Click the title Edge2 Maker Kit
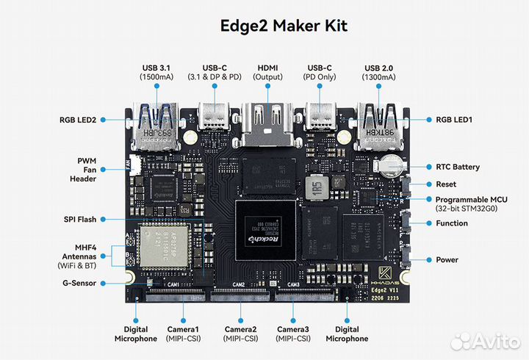pyautogui.click(x=284, y=26)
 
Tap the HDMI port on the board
pyautogui.click(x=267, y=121)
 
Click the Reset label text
pyautogui.click(x=445, y=184)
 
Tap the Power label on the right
pyautogui.click(x=446, y=259)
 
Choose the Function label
pyautogui.click(x=450, y=223)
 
